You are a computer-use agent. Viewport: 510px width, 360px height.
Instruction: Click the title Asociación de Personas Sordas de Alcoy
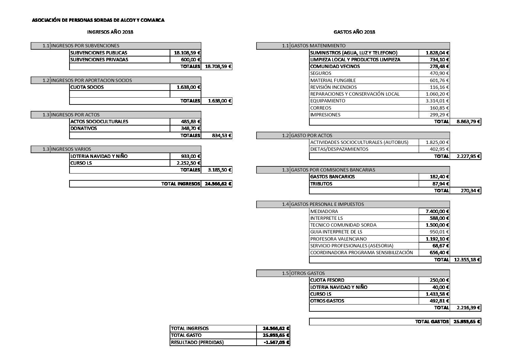[98, 20]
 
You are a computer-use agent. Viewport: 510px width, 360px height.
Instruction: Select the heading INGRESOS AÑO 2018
[110, 32]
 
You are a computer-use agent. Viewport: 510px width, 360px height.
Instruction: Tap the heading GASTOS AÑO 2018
[354, 32]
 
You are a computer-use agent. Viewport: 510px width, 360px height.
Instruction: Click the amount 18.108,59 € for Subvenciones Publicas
[187, 53]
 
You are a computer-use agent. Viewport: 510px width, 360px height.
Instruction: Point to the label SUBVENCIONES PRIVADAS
[99, 60]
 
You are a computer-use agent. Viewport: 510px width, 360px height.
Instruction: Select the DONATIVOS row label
[84, 129]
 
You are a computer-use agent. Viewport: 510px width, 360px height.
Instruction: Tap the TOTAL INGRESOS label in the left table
[181, 184]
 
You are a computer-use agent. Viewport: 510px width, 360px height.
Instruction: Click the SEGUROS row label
[321, 73]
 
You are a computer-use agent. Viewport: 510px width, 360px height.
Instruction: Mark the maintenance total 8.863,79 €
[466, 121]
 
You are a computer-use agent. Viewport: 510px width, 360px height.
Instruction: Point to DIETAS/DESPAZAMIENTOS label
[339, 149]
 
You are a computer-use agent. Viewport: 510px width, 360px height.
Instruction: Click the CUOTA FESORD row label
[327, 280]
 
